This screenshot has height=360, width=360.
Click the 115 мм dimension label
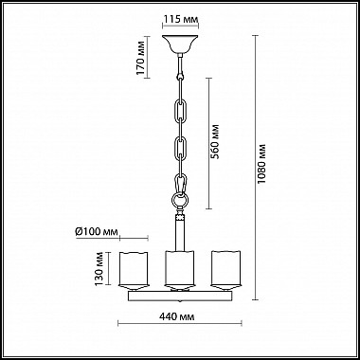tap(181, 19)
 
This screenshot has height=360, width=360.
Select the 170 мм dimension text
tap(140, 58)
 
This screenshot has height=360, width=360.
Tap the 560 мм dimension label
tap(215, 142)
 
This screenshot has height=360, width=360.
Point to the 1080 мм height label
tap(261, 164)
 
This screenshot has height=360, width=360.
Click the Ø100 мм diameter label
tap(97, 232)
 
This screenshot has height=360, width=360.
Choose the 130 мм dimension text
tap(99, 269)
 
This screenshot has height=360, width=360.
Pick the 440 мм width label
tap(177, 316)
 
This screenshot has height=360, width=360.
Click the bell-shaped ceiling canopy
tap(180, 44)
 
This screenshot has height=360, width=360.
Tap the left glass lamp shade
tap(134, 270)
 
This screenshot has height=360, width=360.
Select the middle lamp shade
tap(179, 270)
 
